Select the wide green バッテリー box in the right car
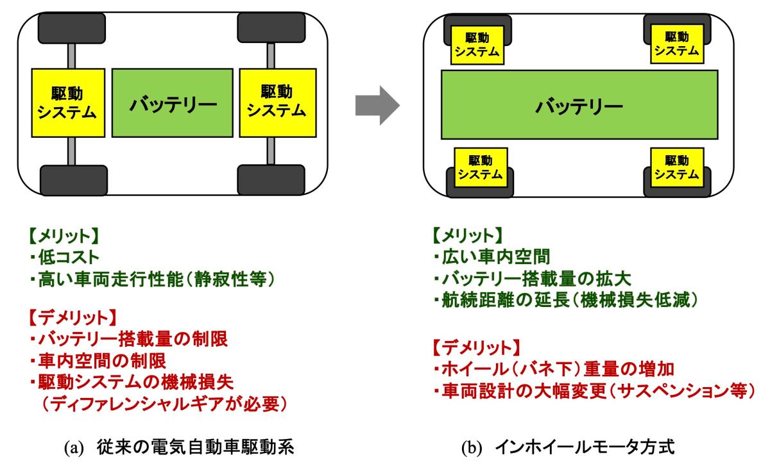tap(579, 105)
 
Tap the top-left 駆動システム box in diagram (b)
tap(477, 46)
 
